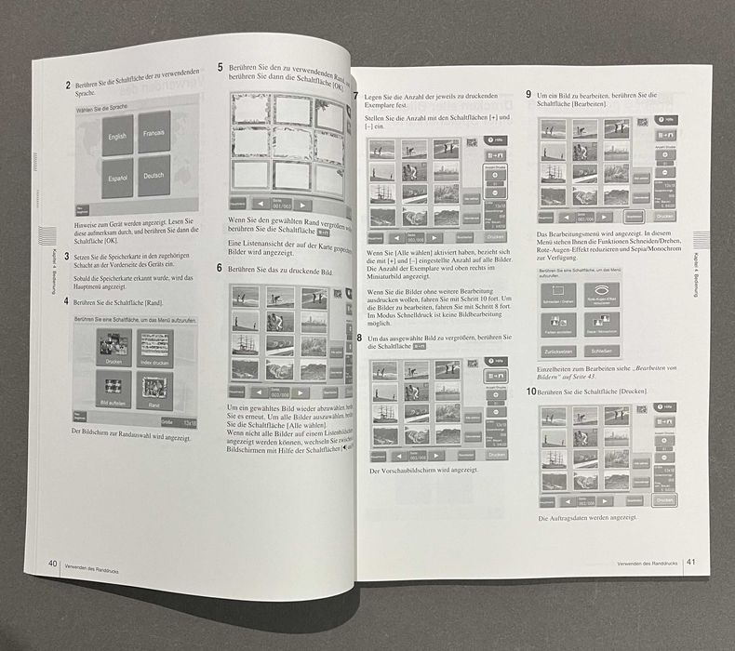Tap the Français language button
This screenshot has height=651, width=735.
tap(154, 132)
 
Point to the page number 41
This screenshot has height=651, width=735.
tap(690, 562)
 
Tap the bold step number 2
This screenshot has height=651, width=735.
tap(68, 86)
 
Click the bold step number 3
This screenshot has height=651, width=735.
tap(66, 254)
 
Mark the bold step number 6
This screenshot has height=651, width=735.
tap(220, 268)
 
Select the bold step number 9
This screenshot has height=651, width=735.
tap(528, 95)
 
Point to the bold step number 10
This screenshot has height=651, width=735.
tap(530, 392)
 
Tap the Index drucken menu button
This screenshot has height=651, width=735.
tap(155, 348)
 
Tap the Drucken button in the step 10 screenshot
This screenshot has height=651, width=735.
tap(664, 500)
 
